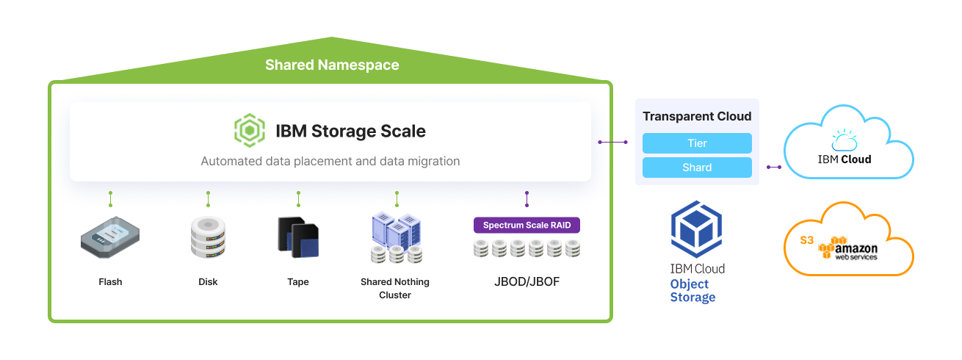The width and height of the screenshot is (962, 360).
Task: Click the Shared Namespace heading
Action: point(332,65)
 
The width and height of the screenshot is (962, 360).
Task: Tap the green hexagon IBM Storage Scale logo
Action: point(249,131)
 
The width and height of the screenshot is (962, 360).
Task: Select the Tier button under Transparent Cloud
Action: point(696,143)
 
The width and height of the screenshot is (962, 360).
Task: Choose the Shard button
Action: point(696,168)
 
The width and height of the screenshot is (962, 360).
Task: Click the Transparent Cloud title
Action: point(696,116)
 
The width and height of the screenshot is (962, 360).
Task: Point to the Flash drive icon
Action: point(109,237)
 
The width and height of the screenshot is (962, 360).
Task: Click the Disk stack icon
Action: point(208,237)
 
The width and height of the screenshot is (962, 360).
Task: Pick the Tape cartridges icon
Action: point(298,237)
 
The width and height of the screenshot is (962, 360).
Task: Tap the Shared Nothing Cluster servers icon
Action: point(397,237)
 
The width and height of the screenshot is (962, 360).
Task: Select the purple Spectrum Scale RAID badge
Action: point(527,225)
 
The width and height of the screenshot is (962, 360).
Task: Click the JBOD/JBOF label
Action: point(527,281)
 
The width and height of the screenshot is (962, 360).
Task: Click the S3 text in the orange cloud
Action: point(807,240)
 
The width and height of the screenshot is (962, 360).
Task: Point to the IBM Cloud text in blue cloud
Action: point(845,159)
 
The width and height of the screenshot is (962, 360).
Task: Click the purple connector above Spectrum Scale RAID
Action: point(527,199)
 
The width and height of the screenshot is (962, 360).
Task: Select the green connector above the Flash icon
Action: point(110,199)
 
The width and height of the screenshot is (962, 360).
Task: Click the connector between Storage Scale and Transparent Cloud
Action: point(612,142)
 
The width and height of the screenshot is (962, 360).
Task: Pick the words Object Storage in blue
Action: point(692,291)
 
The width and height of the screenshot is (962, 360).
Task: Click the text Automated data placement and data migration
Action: point(330,161)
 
